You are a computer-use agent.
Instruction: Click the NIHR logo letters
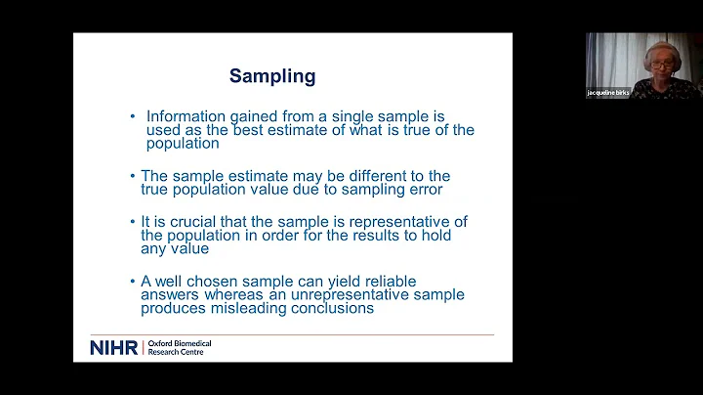(113, 348)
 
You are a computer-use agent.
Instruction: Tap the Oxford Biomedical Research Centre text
(179, 348)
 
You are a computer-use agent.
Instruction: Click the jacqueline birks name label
(608, 92)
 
